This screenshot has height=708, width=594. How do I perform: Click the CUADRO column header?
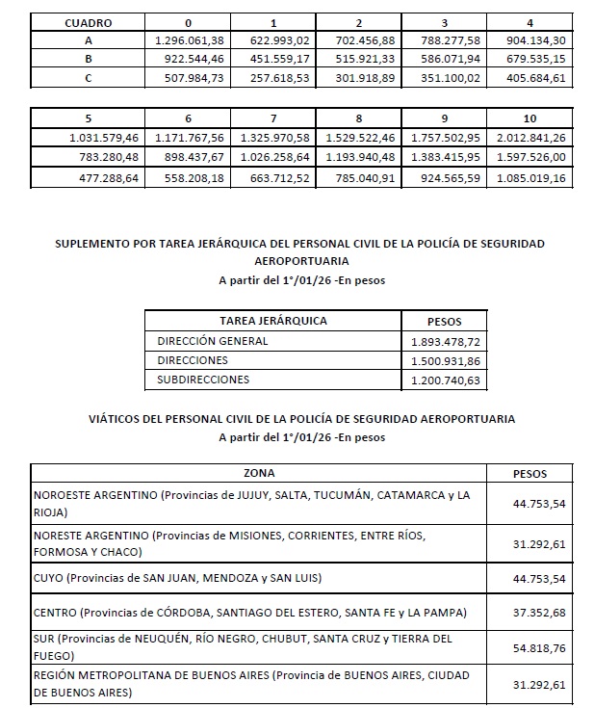[88, 21]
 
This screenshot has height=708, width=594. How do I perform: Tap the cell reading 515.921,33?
[359, 60]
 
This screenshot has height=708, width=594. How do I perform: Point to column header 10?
[529, 118]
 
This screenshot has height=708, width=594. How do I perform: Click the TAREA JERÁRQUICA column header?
[272, 321]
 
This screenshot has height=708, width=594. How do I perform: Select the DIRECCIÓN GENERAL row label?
[213, 341]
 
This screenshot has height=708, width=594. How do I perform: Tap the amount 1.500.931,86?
[445, 360]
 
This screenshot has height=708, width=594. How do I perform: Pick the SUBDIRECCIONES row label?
[203, 380]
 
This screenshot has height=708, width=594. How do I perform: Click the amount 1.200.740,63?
[445, 380]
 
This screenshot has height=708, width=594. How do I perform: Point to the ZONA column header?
[260, 473]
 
